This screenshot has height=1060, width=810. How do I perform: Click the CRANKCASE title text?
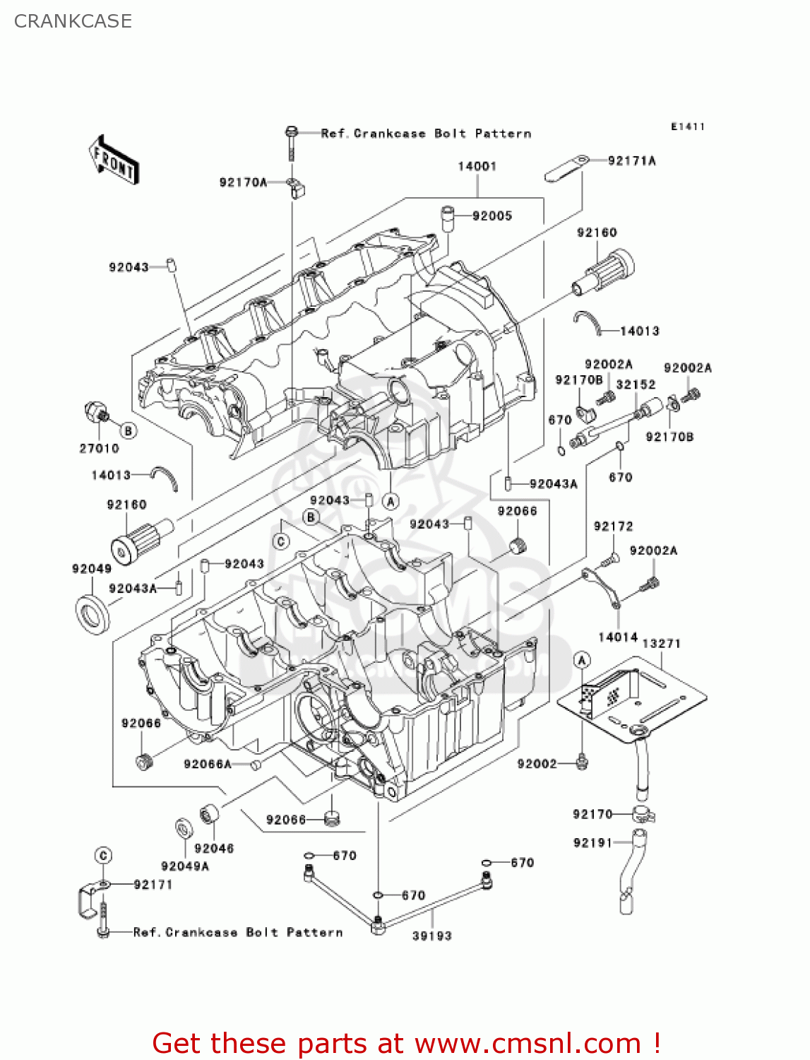pos(73,21)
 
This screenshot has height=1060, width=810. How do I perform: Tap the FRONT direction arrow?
pos(114,160)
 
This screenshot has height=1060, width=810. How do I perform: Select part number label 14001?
pos(477,166)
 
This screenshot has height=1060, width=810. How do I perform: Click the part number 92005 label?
pos(492,216)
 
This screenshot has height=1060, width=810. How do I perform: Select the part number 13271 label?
pos(661,643)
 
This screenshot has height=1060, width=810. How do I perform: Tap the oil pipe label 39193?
pos(431,936)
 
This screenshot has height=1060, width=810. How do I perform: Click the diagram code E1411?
pos(687,126)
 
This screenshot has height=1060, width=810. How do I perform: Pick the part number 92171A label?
pos(631,160)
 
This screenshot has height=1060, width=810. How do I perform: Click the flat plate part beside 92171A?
pos(567,169)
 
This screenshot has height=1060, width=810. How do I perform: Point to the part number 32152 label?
pos(636,384)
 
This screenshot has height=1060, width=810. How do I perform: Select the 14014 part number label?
pos(617,637)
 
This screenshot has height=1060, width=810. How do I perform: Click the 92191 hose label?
pos(592,842)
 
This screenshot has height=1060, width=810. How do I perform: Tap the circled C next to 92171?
pos(103,856)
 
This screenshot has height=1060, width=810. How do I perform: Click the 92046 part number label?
pos(214,848)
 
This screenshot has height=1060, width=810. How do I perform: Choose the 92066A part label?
pos(207,764)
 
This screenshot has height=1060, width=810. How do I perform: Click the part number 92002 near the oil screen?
pos(537,764)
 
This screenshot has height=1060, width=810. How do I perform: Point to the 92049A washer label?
pos(185,866)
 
